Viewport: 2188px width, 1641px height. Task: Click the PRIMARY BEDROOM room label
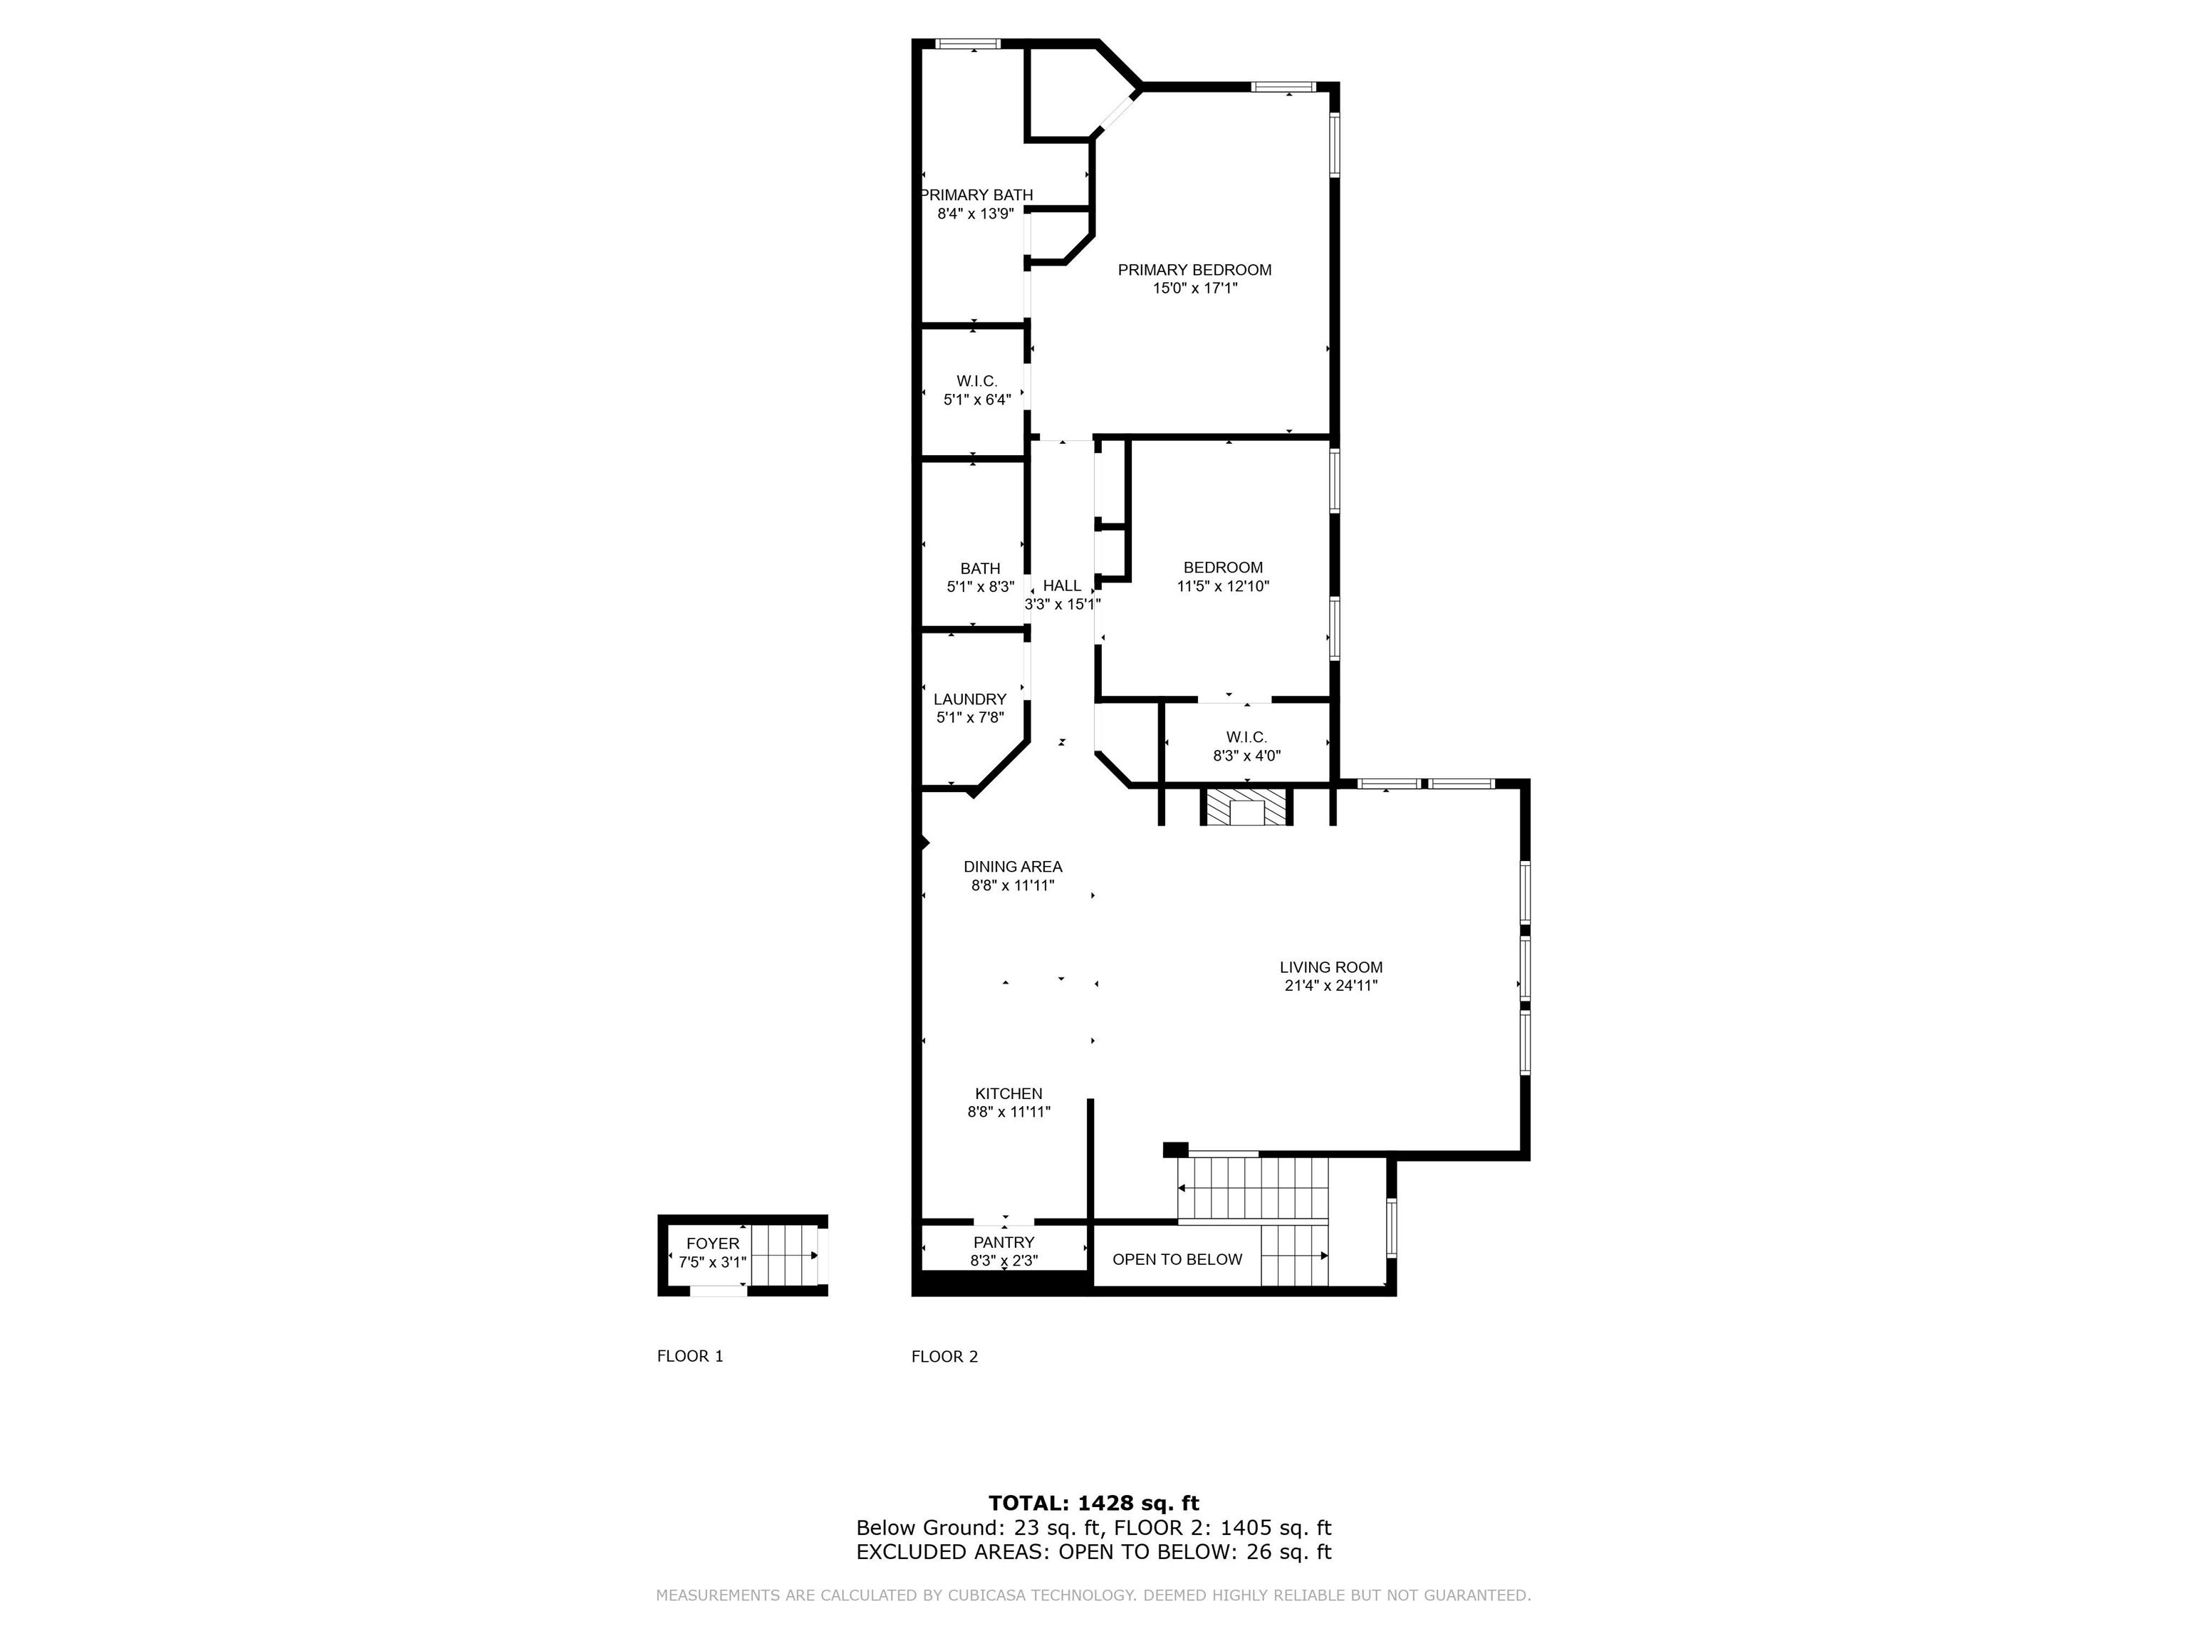pyautogui.click(x=1195, y=270)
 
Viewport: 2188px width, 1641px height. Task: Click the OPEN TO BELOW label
pyautogui.click(x=1177, y=1259)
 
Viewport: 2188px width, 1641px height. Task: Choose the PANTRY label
pyautogui.click(x=1004, y=1242)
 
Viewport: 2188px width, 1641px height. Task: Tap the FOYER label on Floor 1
pyautogui.click(x=712, y=1244)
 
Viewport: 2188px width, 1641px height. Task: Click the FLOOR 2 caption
pyautogui.click(x=944, y=1356)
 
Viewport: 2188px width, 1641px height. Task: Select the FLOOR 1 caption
pyautogui.click(x=690, y=1356)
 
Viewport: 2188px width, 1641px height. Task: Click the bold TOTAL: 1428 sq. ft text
pyautogui.click(x=1094, y=1504)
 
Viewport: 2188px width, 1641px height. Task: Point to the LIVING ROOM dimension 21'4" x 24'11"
pyautogui.click(x=1331, y=985)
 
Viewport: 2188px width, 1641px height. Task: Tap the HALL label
pyautogui.click(x=1063, y=585)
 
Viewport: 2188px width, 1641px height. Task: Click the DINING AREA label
pyautogui.click(x=1013, y=867)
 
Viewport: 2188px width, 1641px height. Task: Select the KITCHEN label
pyautogui.click(x=1009, y=1093)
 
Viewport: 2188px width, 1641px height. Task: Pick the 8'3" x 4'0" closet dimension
pyautogui.click(x=1246, y=756)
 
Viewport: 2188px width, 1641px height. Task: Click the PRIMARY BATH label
pyautogui.click(x=977, y=195)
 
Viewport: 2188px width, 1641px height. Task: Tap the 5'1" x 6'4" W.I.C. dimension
pyautogui.click(x=977, y=400)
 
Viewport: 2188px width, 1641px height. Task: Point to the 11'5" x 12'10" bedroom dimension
pyautogui.click(x=1223, y=585)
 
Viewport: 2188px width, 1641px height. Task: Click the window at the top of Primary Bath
pyautogui.click(x=969, y=43)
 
